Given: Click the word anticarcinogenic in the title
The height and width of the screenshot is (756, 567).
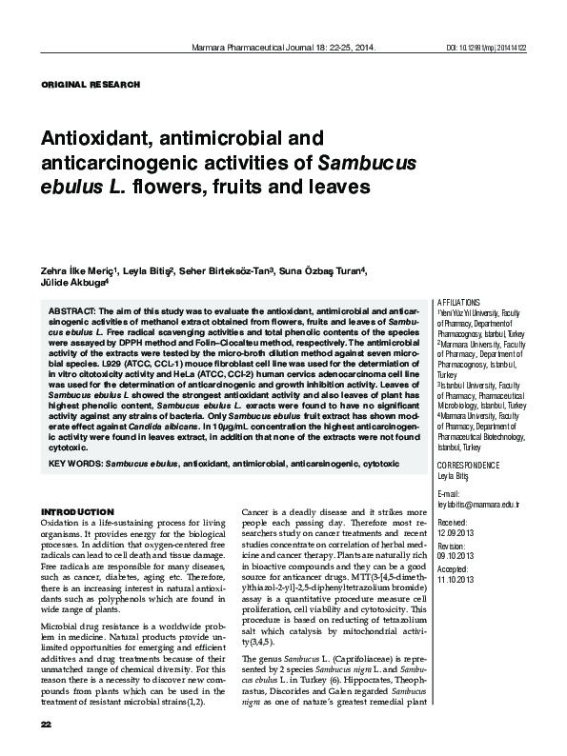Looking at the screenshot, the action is [x=117, y=162].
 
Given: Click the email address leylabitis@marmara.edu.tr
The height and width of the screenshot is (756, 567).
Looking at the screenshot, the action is [x=476, y=505].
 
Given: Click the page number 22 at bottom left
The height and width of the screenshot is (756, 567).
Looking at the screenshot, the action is [x=45, y=726].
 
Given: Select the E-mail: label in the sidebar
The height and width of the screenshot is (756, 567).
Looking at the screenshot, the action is [x=447, y=494].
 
